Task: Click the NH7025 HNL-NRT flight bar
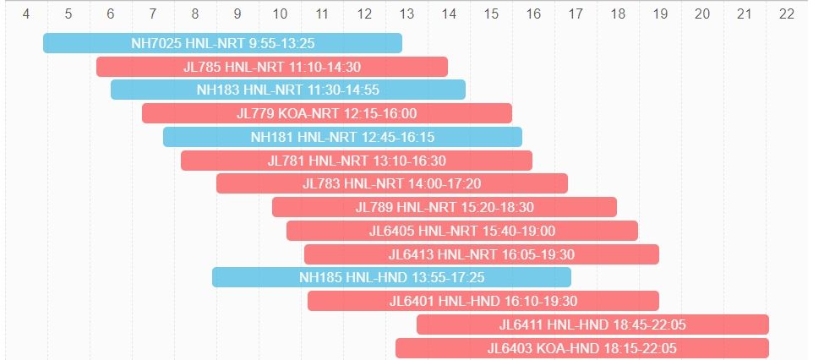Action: (x=222, y=43)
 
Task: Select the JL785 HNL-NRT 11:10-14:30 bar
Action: (x=271, y=67)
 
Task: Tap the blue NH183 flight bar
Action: (x=287, y=90)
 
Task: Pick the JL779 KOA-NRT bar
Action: (x=326, y=113)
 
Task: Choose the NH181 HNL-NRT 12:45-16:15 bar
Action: (x=342, y=137)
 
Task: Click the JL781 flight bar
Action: (x=356, y=161)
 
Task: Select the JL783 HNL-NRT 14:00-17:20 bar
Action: (x=391, y=183)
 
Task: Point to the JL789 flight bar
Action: (x=444, y=207)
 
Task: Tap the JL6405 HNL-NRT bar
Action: (x=461, y=231)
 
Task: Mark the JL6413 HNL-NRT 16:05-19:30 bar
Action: (x=481, y=254)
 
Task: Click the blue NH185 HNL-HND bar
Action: (x=391, y=277)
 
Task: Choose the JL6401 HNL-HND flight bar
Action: (x=483, y=301)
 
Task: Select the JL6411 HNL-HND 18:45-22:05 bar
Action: (x=592, y=325)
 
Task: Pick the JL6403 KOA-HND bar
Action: (x=581, y=348)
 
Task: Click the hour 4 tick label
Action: (x=26, y=14)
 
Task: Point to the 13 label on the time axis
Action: (x=406, y=14)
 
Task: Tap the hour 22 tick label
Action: (x=787, y=14)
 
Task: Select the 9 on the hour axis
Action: (x=237, y=14)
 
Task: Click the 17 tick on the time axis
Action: (x=576, y=14)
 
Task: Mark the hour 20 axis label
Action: (x=702, y=14)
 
